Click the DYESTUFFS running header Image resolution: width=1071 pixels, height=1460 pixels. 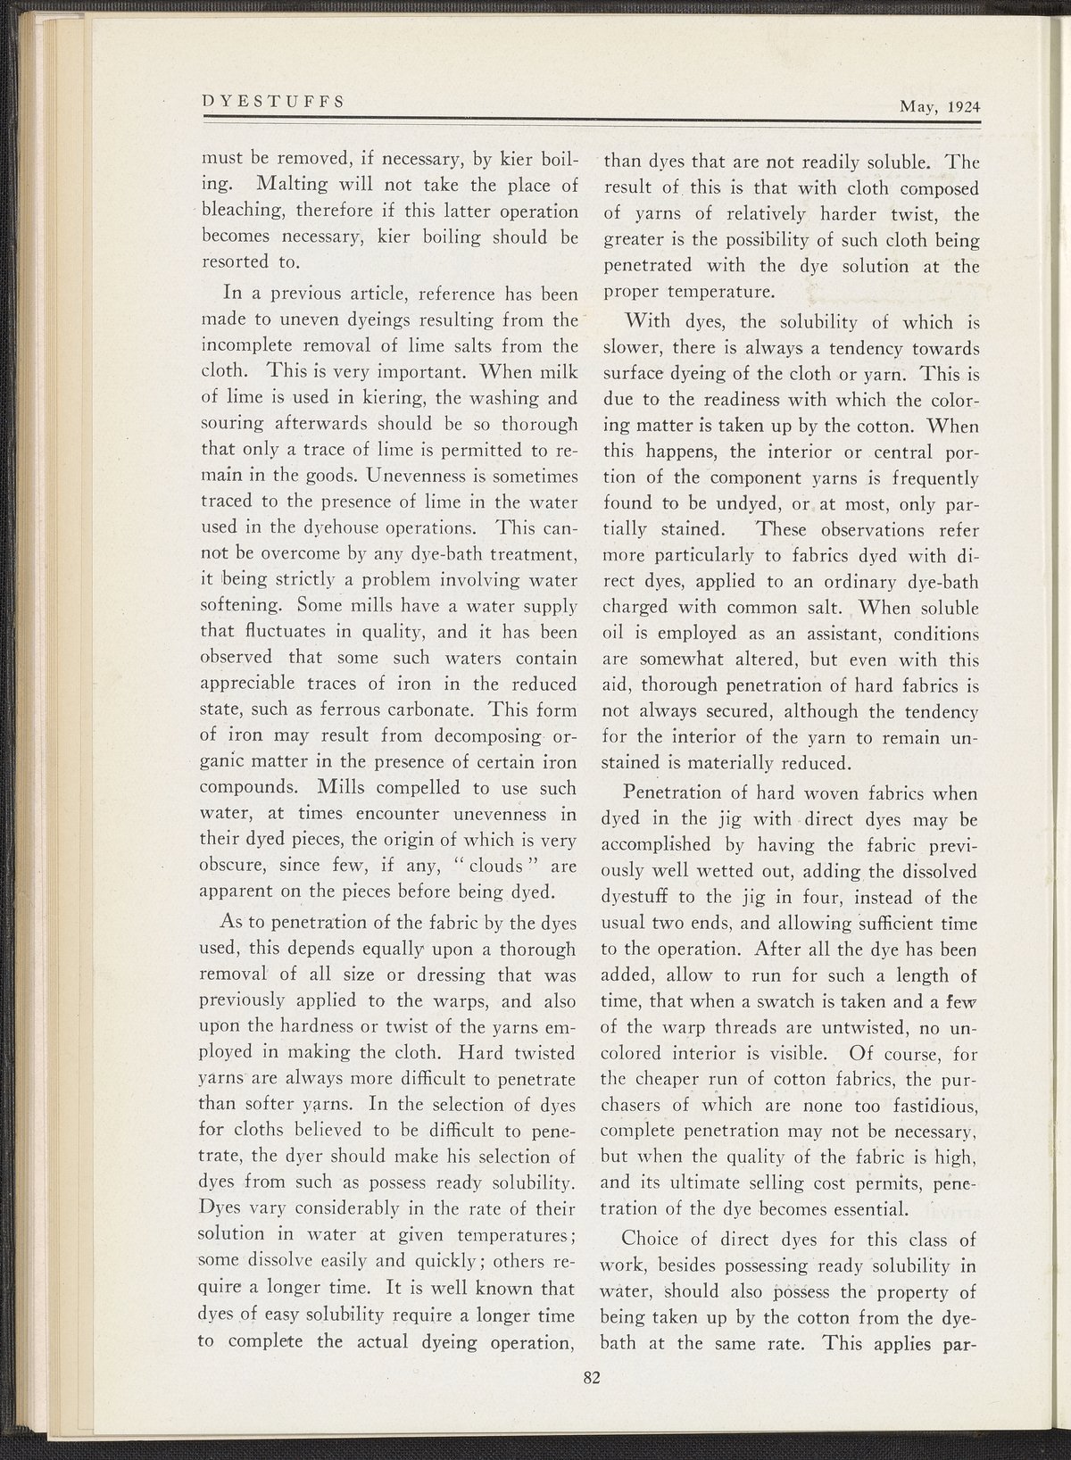click(x=273, y=101)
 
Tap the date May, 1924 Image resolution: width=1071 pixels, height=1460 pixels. click(x=940, y=106)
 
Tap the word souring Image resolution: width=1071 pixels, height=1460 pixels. click(x=233, y=423)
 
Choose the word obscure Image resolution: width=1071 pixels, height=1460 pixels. click(x=234, y=866)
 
